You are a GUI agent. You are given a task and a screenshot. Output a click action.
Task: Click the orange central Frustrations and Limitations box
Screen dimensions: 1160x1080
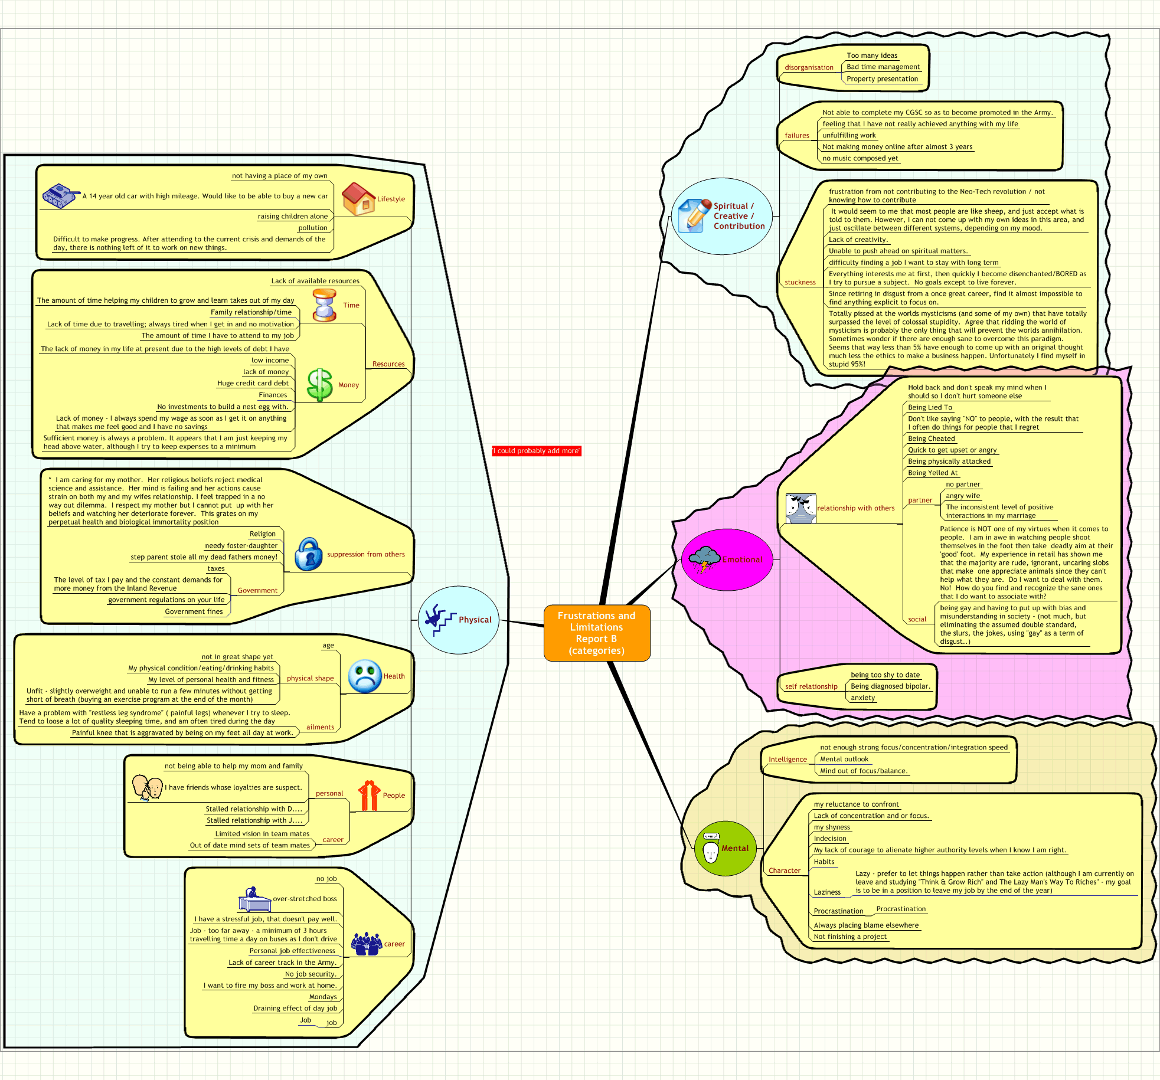click(x=596, y=633)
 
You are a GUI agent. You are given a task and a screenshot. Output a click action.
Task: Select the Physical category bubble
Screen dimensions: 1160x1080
click(x=458, y=620)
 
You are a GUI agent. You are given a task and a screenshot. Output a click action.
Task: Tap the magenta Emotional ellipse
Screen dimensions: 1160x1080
click(x=727, y=559)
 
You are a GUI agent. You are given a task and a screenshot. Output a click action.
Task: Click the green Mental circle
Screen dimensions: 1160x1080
click(x=725, y=848)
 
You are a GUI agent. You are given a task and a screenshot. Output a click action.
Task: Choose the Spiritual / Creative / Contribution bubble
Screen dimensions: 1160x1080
click(x=721, y=216)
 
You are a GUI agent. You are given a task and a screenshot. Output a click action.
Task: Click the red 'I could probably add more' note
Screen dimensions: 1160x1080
click(x=537, y=451)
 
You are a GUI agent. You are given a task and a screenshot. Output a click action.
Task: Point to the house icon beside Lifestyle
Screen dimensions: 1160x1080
click(x=358, y=199)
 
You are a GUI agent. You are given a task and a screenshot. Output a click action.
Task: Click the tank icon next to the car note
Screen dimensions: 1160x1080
click(x=61, y=196)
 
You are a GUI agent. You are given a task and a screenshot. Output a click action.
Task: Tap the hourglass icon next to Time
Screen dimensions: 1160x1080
click(x=325, y=305)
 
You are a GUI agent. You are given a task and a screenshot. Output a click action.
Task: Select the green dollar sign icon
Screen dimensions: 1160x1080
click(x=320, y=385)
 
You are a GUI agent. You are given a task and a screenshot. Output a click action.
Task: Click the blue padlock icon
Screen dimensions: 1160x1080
click(x=308, y=554)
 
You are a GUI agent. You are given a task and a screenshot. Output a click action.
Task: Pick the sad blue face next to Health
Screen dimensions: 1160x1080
click(x=365, y=676)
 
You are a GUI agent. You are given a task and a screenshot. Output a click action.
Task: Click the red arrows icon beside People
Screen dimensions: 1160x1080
click(x=370, y=796)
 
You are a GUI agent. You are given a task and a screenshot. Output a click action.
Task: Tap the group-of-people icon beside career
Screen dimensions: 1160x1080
click(x=367, y=944)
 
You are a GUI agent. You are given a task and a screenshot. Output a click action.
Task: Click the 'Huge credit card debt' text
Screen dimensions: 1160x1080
click(x=253, y=383)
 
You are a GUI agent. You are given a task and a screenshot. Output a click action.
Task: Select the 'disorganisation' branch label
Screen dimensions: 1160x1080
click(x=809, y=67)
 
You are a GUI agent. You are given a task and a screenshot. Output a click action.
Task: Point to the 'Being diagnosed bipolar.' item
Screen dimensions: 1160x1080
click(x=890, y=686)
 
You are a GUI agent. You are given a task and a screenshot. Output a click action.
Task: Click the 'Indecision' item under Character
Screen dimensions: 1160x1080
click(x=830, y=839)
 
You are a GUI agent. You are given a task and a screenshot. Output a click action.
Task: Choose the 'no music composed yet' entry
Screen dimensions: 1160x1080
click(x=860, y=158)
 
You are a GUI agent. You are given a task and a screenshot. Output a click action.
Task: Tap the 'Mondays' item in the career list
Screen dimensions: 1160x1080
click(x=323, y=997)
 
